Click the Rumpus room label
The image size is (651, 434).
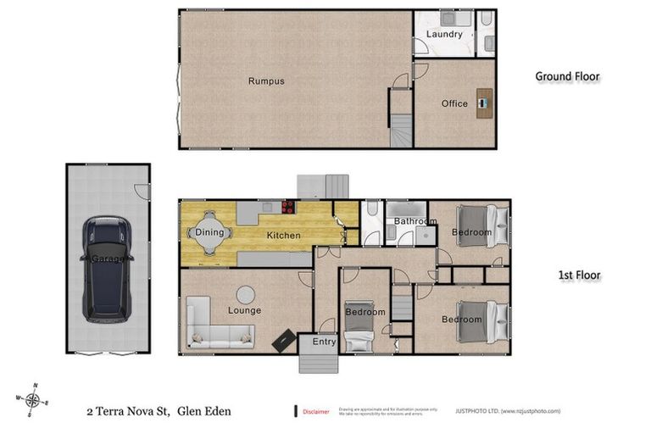click(266, 81)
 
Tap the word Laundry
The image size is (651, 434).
click(444, 35)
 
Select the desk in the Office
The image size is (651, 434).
click(483, 103)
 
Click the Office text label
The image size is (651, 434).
click(454, 104)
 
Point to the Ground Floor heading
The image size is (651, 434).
click(567, 77)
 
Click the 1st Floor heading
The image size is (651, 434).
click(579, 275)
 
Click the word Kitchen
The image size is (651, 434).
click(284, 235)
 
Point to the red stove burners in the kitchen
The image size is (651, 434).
click(288, 205)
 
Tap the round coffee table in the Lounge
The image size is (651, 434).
click(246, 294)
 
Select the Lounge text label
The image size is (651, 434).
click(244, 310)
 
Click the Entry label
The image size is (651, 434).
click(325, 342)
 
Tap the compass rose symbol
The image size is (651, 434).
click(33, 400)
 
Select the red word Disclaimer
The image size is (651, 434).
click(315, 412)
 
